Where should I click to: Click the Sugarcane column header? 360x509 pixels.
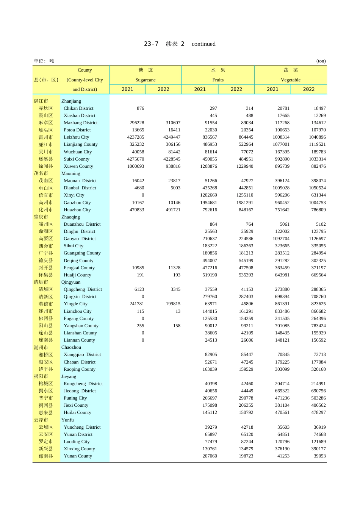click(x=146, y=80)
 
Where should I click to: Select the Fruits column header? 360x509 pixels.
click(x=218, y=80)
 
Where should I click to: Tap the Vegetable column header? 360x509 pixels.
click(x=291, y=80)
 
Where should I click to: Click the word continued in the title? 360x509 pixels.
click(x=203, y=44)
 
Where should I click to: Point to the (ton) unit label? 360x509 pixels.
click(x=321, y=61)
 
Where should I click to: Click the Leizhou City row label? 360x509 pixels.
click(x=76, y=137)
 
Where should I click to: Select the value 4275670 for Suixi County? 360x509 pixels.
click(x=136, y=159)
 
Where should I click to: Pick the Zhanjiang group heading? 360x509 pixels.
click(x=71, y=101)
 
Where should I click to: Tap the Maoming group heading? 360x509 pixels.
click(x=71, y=173)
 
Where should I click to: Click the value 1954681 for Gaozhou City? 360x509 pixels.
click(x=209, y=203)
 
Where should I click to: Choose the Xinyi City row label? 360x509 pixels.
click(x=74, y=195)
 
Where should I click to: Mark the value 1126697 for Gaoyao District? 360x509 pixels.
click(x=317, y=239)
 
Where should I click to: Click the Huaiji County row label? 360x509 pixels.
click(x=77, y=275)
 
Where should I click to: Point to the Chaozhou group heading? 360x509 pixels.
click(x=71, y=347)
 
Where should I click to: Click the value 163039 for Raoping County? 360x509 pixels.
click(x=210, y=369)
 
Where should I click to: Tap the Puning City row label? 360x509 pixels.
click(x=75, y=398)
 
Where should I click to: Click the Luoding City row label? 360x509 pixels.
click(x=77, y=442)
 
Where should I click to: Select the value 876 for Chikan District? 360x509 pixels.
click(x=140, y=108)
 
